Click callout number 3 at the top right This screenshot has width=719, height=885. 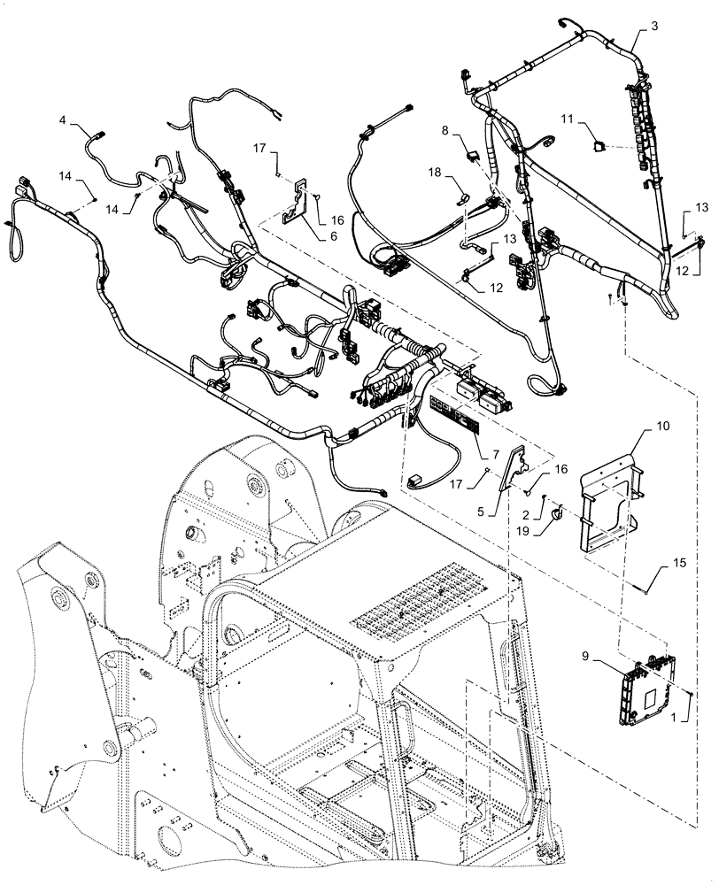(653, 26)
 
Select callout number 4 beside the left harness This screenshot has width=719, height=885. (63, 119)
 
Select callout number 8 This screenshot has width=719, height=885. (446, 131)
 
